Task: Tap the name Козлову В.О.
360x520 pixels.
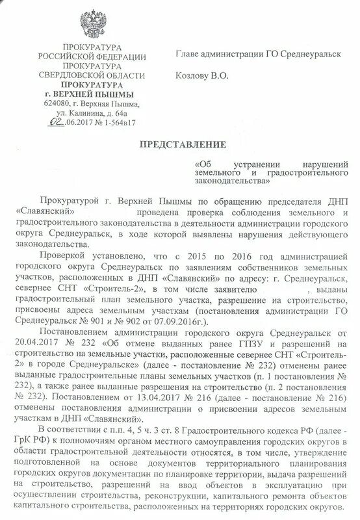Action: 202,77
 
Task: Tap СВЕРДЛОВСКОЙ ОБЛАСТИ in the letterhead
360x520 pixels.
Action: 91,75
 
